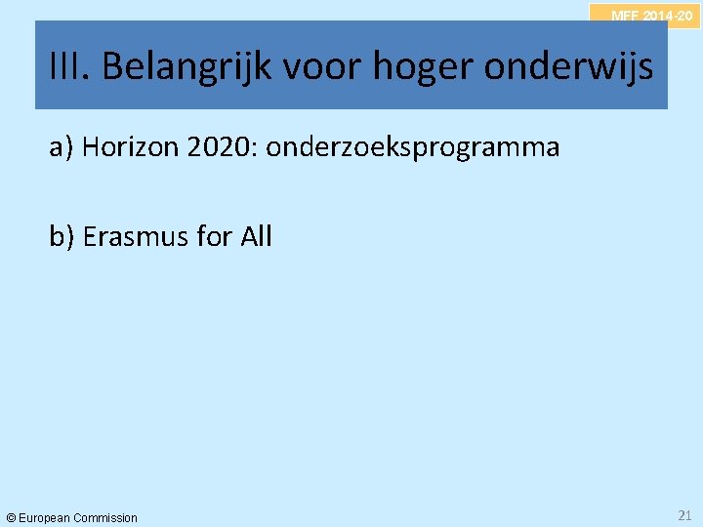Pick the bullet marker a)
click(62, 147)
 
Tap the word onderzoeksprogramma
click(412, 148)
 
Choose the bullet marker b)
click(62, 236)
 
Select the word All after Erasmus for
click(256, 236)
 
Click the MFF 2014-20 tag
click(651, 16)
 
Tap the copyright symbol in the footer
click(11, 517)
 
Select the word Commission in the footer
click(104, 517)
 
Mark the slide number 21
click(683, 514)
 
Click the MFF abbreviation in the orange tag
click(624, 16)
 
